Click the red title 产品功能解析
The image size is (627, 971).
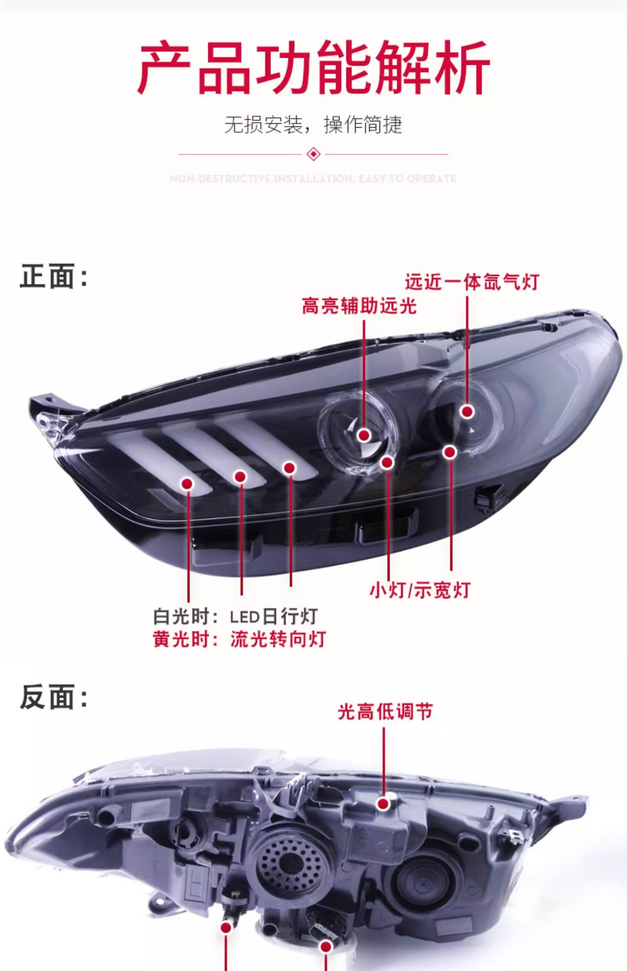point(313,68)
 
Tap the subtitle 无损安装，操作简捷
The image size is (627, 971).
point(313,124)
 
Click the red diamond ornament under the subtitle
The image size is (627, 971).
point(313,154)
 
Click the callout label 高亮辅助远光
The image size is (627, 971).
point(359,306)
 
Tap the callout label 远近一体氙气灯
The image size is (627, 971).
point(472,282)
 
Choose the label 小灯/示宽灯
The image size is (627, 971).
point(420,590)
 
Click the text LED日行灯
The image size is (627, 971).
point(274,616)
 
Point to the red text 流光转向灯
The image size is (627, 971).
point(278,639)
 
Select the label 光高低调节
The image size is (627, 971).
point(385,712)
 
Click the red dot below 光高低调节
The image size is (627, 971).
point(384,804)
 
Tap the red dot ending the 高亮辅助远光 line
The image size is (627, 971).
point(364,435)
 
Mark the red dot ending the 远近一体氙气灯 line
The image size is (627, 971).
point(467,411)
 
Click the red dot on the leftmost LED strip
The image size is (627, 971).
point(188,484)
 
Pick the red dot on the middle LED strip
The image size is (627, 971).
point(240,476)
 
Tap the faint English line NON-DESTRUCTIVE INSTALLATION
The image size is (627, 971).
point(313,179)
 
